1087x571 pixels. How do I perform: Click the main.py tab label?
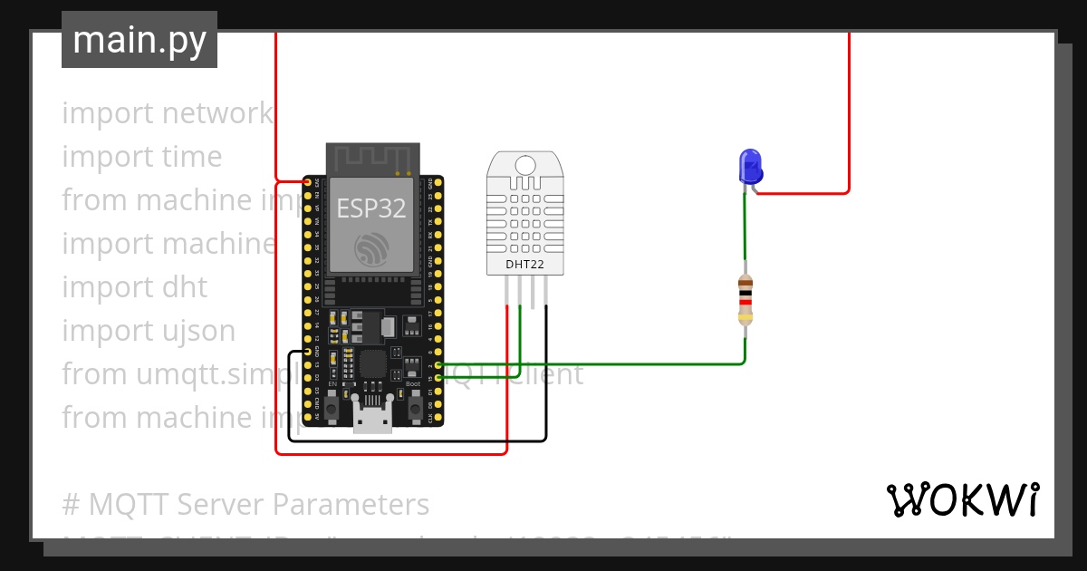(139, 40)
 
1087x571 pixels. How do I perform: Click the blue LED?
(751, 167)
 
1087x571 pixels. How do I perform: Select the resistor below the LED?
(745, 299)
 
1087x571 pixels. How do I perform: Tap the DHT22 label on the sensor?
(525, 266)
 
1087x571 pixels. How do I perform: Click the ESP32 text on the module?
(371, 208)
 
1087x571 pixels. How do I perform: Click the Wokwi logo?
(962, 499)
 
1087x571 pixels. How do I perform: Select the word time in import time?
(192, 157)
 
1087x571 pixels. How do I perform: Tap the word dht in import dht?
(186, 287)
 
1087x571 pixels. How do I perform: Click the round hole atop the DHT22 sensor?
(525, 164)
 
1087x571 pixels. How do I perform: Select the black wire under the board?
(417, 440)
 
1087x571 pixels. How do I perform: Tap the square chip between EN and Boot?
(372, 364)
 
